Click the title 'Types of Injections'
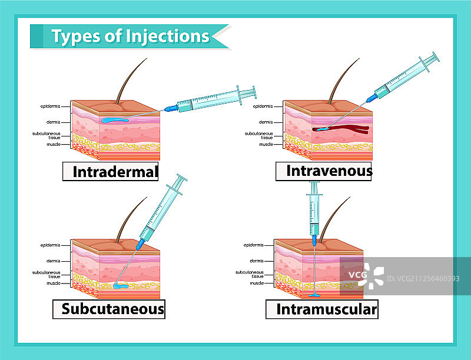[130, 36]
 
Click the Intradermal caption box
[111, 171]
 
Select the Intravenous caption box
[324, 171]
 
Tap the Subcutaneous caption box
[109, 308]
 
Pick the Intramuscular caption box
[321, 308]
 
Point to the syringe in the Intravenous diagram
[406, 76]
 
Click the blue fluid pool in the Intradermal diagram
[117, 121]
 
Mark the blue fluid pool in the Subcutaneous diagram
[122, 286]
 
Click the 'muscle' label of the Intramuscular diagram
[257, 283]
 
